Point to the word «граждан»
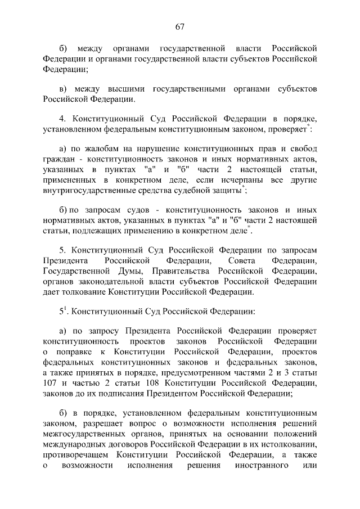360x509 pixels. point(59,159)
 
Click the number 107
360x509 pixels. point(51,382)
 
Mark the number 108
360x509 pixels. point(145,382)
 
